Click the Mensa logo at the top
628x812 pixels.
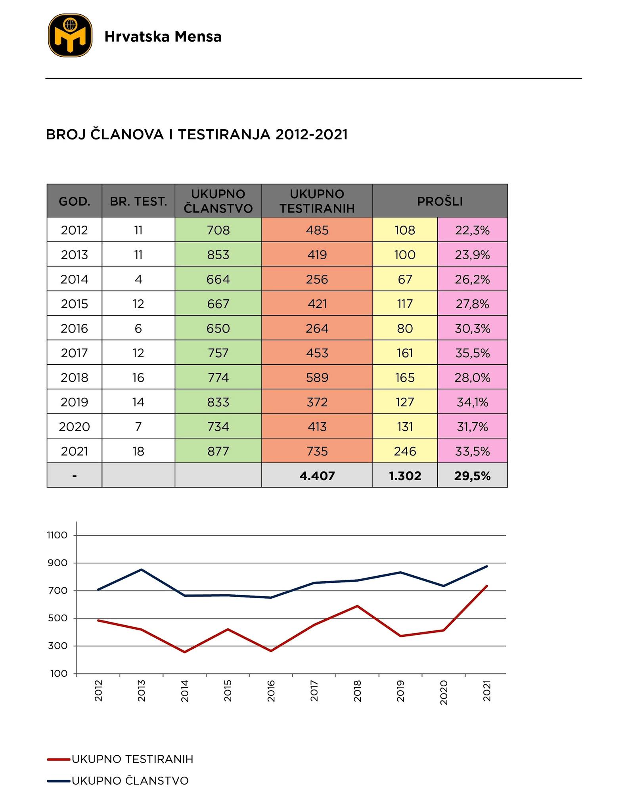pyautogui.click(x=70, y=36)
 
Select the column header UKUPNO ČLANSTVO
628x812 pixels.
pyautogui.click(x=218, y=201)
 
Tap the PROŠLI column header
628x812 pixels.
pyautogui.click(x=440, y=201)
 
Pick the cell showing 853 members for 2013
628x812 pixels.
pyautogui.click(x=218, y=255)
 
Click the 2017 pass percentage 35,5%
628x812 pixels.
pyautogui.click(x=472, y=353)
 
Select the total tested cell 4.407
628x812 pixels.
pyautogui.click(x=317, y=475)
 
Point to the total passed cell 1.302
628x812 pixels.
pyautogui.click(x=405, y=475)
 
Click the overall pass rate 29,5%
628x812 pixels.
pyautogui.click(x=472, y=475)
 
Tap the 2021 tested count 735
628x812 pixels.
pyautogui.click(x=317, y=451)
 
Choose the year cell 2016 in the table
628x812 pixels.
pyautogui.click(x=74, y=328)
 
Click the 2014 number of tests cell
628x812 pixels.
pyautogui.click(x=138, y=279)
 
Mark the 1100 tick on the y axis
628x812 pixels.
pyautogui.click(x=57, y=535)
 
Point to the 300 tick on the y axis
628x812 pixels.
pyautogui.click(x=58, y=646)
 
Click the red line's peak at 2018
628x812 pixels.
pyautogui.click(x=357, y=606)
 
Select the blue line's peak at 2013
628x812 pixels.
pyautogui.click(x=142, y=570)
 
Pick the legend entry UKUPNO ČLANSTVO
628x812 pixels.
pyautogui.click(x=130, y=781)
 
